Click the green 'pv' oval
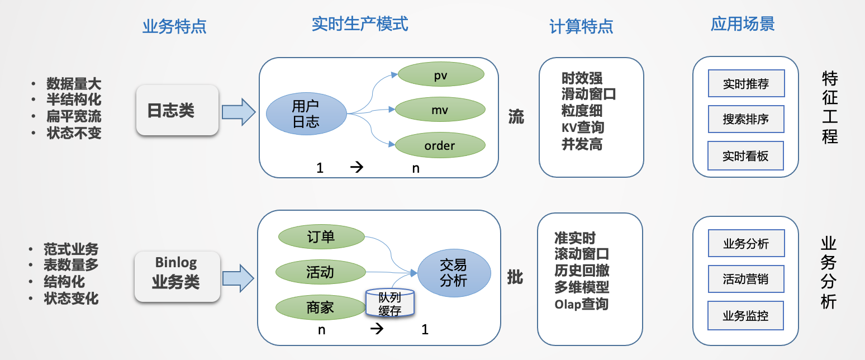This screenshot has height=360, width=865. (440, 74)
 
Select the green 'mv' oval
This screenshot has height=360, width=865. (440, 110)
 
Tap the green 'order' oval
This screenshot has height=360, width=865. (440, 146)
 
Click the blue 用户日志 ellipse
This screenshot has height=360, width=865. (306, 113)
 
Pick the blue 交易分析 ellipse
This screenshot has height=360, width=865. (453, 272)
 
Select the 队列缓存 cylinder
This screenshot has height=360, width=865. (389, 304)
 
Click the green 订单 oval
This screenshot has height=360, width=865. (321, 237)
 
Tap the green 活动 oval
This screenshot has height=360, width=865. (321, 272)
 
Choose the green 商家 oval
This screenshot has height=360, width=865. (321, 307)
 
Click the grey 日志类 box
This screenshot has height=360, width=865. (177, 110)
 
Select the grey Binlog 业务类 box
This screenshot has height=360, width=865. (177, 277)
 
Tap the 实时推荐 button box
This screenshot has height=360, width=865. (746, 84)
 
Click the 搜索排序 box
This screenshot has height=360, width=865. (746, 120)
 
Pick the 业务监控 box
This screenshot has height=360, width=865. (746, 316)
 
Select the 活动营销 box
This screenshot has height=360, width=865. (746, 279)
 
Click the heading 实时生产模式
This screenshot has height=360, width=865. (360, 24)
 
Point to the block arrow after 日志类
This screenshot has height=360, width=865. (239, 111)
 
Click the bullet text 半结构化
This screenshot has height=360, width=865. (74, 101)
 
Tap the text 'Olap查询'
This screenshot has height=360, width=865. (581, 304)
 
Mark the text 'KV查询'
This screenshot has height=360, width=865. (583, 127)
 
